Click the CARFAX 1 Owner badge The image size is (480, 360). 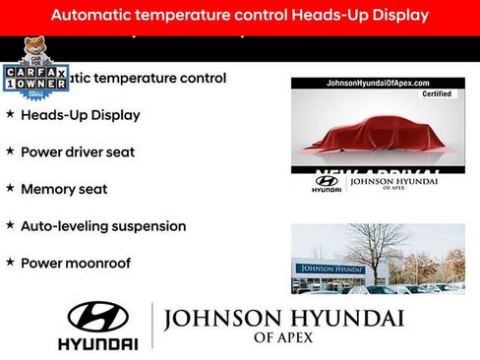[x=34, y=78]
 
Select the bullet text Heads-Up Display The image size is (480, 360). [x=80, y=115]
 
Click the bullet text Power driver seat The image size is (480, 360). [x=78, y=152]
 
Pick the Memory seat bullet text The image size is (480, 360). [x=64, y=189]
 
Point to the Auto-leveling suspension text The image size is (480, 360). [x=103, y=226]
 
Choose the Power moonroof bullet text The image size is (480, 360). [x=75, y=263]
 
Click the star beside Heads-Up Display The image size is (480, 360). [x=10, y=114]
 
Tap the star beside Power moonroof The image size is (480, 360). [x=10, y=262]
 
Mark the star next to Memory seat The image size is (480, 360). [x=10, y=188]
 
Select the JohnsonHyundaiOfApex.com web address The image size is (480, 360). [x=378, y=83]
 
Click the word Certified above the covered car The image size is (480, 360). [x=436, y=94]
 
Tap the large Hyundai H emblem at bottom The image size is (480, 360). [x=97, y=317]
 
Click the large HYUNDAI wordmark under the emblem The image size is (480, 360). [x=97, y=343]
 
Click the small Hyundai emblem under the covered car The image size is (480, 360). [x=326, y=180]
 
